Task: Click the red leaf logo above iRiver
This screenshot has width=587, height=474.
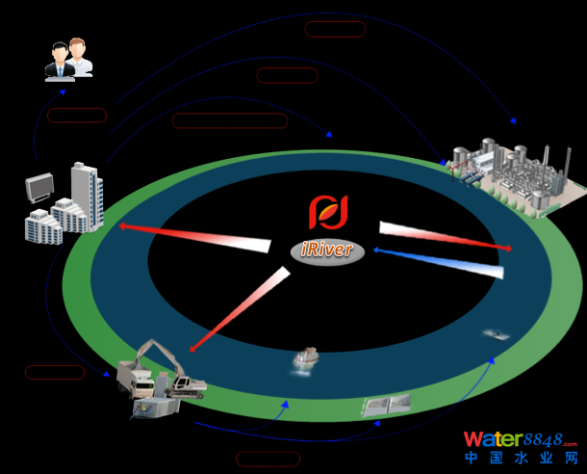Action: click(x=327, y=211)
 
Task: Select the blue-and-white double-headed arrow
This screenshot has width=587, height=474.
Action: click(x=438, y=261)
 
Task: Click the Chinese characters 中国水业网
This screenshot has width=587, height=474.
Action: click(x=521, y=460)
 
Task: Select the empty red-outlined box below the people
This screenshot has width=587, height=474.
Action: click(x=77, y=116)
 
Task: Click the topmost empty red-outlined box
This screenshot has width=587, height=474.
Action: click(x=335, y=29)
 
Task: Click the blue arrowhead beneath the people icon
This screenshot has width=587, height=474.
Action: click(x=63, y=92)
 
